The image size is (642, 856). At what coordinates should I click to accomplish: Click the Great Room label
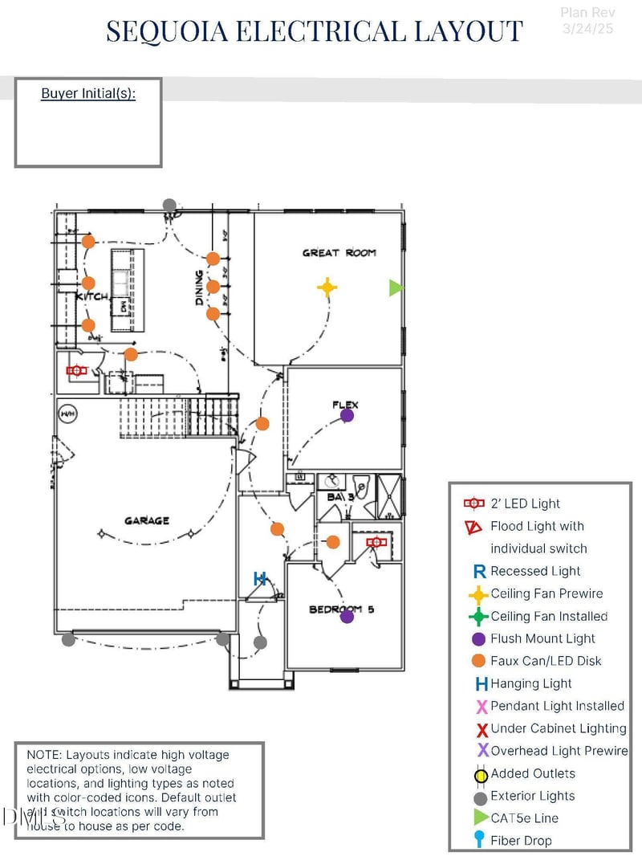coord(339,253)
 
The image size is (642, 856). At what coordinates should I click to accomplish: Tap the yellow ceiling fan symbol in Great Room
coord(327,287)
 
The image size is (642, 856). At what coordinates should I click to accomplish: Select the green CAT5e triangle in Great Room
coord(395,287)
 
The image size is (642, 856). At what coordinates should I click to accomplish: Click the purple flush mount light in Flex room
coord(347,415)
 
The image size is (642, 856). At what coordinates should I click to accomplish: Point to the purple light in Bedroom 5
coord(347,617)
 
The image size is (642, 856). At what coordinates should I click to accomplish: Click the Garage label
coord(147,521)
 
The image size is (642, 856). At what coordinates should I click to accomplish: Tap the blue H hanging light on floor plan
coord(259,578)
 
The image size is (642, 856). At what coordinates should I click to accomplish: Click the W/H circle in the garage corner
coord(67,414)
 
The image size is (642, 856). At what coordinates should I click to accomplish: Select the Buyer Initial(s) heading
coord(88,94)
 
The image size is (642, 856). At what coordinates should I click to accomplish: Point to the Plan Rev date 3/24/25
coord(588,29)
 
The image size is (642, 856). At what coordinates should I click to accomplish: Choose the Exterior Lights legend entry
coord(532,796)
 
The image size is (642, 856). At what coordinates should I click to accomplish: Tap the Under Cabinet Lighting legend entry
coord(558,728)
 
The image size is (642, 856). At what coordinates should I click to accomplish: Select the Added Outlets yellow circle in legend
coord(481,776)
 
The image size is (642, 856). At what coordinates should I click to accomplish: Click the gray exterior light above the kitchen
coord(169,206)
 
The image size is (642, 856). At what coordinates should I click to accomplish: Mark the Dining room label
coord(200,287)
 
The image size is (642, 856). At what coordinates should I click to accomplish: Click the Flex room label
coord(345,405)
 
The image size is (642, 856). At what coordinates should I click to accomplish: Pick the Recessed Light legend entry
coord(535,571)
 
